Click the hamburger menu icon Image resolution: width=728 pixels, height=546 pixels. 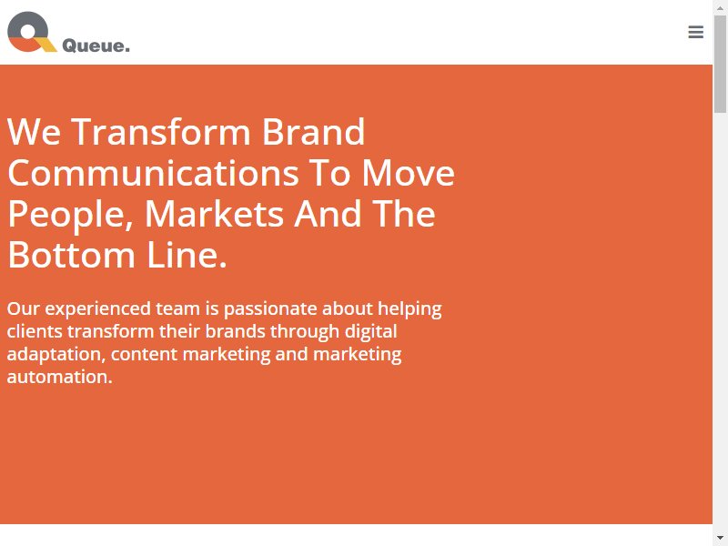(695, 32)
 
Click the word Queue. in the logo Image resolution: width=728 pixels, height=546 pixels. (96, 46)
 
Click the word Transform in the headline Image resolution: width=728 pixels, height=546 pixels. (161, 132)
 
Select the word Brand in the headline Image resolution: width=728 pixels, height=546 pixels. (314, 132)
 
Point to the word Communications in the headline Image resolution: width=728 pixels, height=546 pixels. (153, 173)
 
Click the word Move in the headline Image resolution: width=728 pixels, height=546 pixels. (408, 173)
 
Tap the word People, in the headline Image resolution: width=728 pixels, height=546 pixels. (71, 215)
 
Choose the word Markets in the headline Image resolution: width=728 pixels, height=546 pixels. (214, 214)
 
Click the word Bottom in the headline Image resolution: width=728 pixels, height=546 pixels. (72, 255)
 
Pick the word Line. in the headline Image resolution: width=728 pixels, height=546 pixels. (187, 255)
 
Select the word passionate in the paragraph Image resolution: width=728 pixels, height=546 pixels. (270, 309)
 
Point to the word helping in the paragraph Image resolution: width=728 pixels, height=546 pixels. (409, 309)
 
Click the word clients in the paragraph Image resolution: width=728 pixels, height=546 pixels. (35, 331)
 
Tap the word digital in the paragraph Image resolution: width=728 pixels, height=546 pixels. (371, 332)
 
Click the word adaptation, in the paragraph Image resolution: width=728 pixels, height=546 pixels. (56, 355)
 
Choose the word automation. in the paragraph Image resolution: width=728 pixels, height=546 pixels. (59, 377)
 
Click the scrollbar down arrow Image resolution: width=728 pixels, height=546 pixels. (720, 538)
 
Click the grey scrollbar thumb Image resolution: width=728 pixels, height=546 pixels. (720, 64)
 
